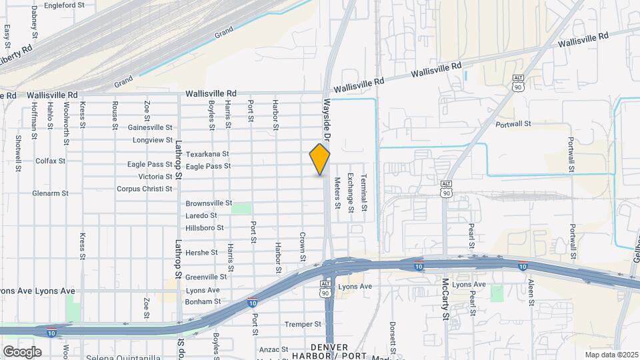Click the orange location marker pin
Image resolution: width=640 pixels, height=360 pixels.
point(320,160)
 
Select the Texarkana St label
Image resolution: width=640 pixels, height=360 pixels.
point(207,153)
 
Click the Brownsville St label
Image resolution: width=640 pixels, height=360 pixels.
point(209,203)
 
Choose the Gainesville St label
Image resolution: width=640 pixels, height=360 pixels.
point(150,127)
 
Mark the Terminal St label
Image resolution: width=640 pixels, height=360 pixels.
point(364,193)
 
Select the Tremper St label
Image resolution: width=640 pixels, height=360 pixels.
point(303,324)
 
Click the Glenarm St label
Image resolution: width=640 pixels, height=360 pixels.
point(50,193)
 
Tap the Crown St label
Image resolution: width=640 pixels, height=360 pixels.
point(303,246)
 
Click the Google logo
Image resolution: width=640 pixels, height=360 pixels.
point(22,351)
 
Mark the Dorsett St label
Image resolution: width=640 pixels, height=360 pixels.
point(393,337)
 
